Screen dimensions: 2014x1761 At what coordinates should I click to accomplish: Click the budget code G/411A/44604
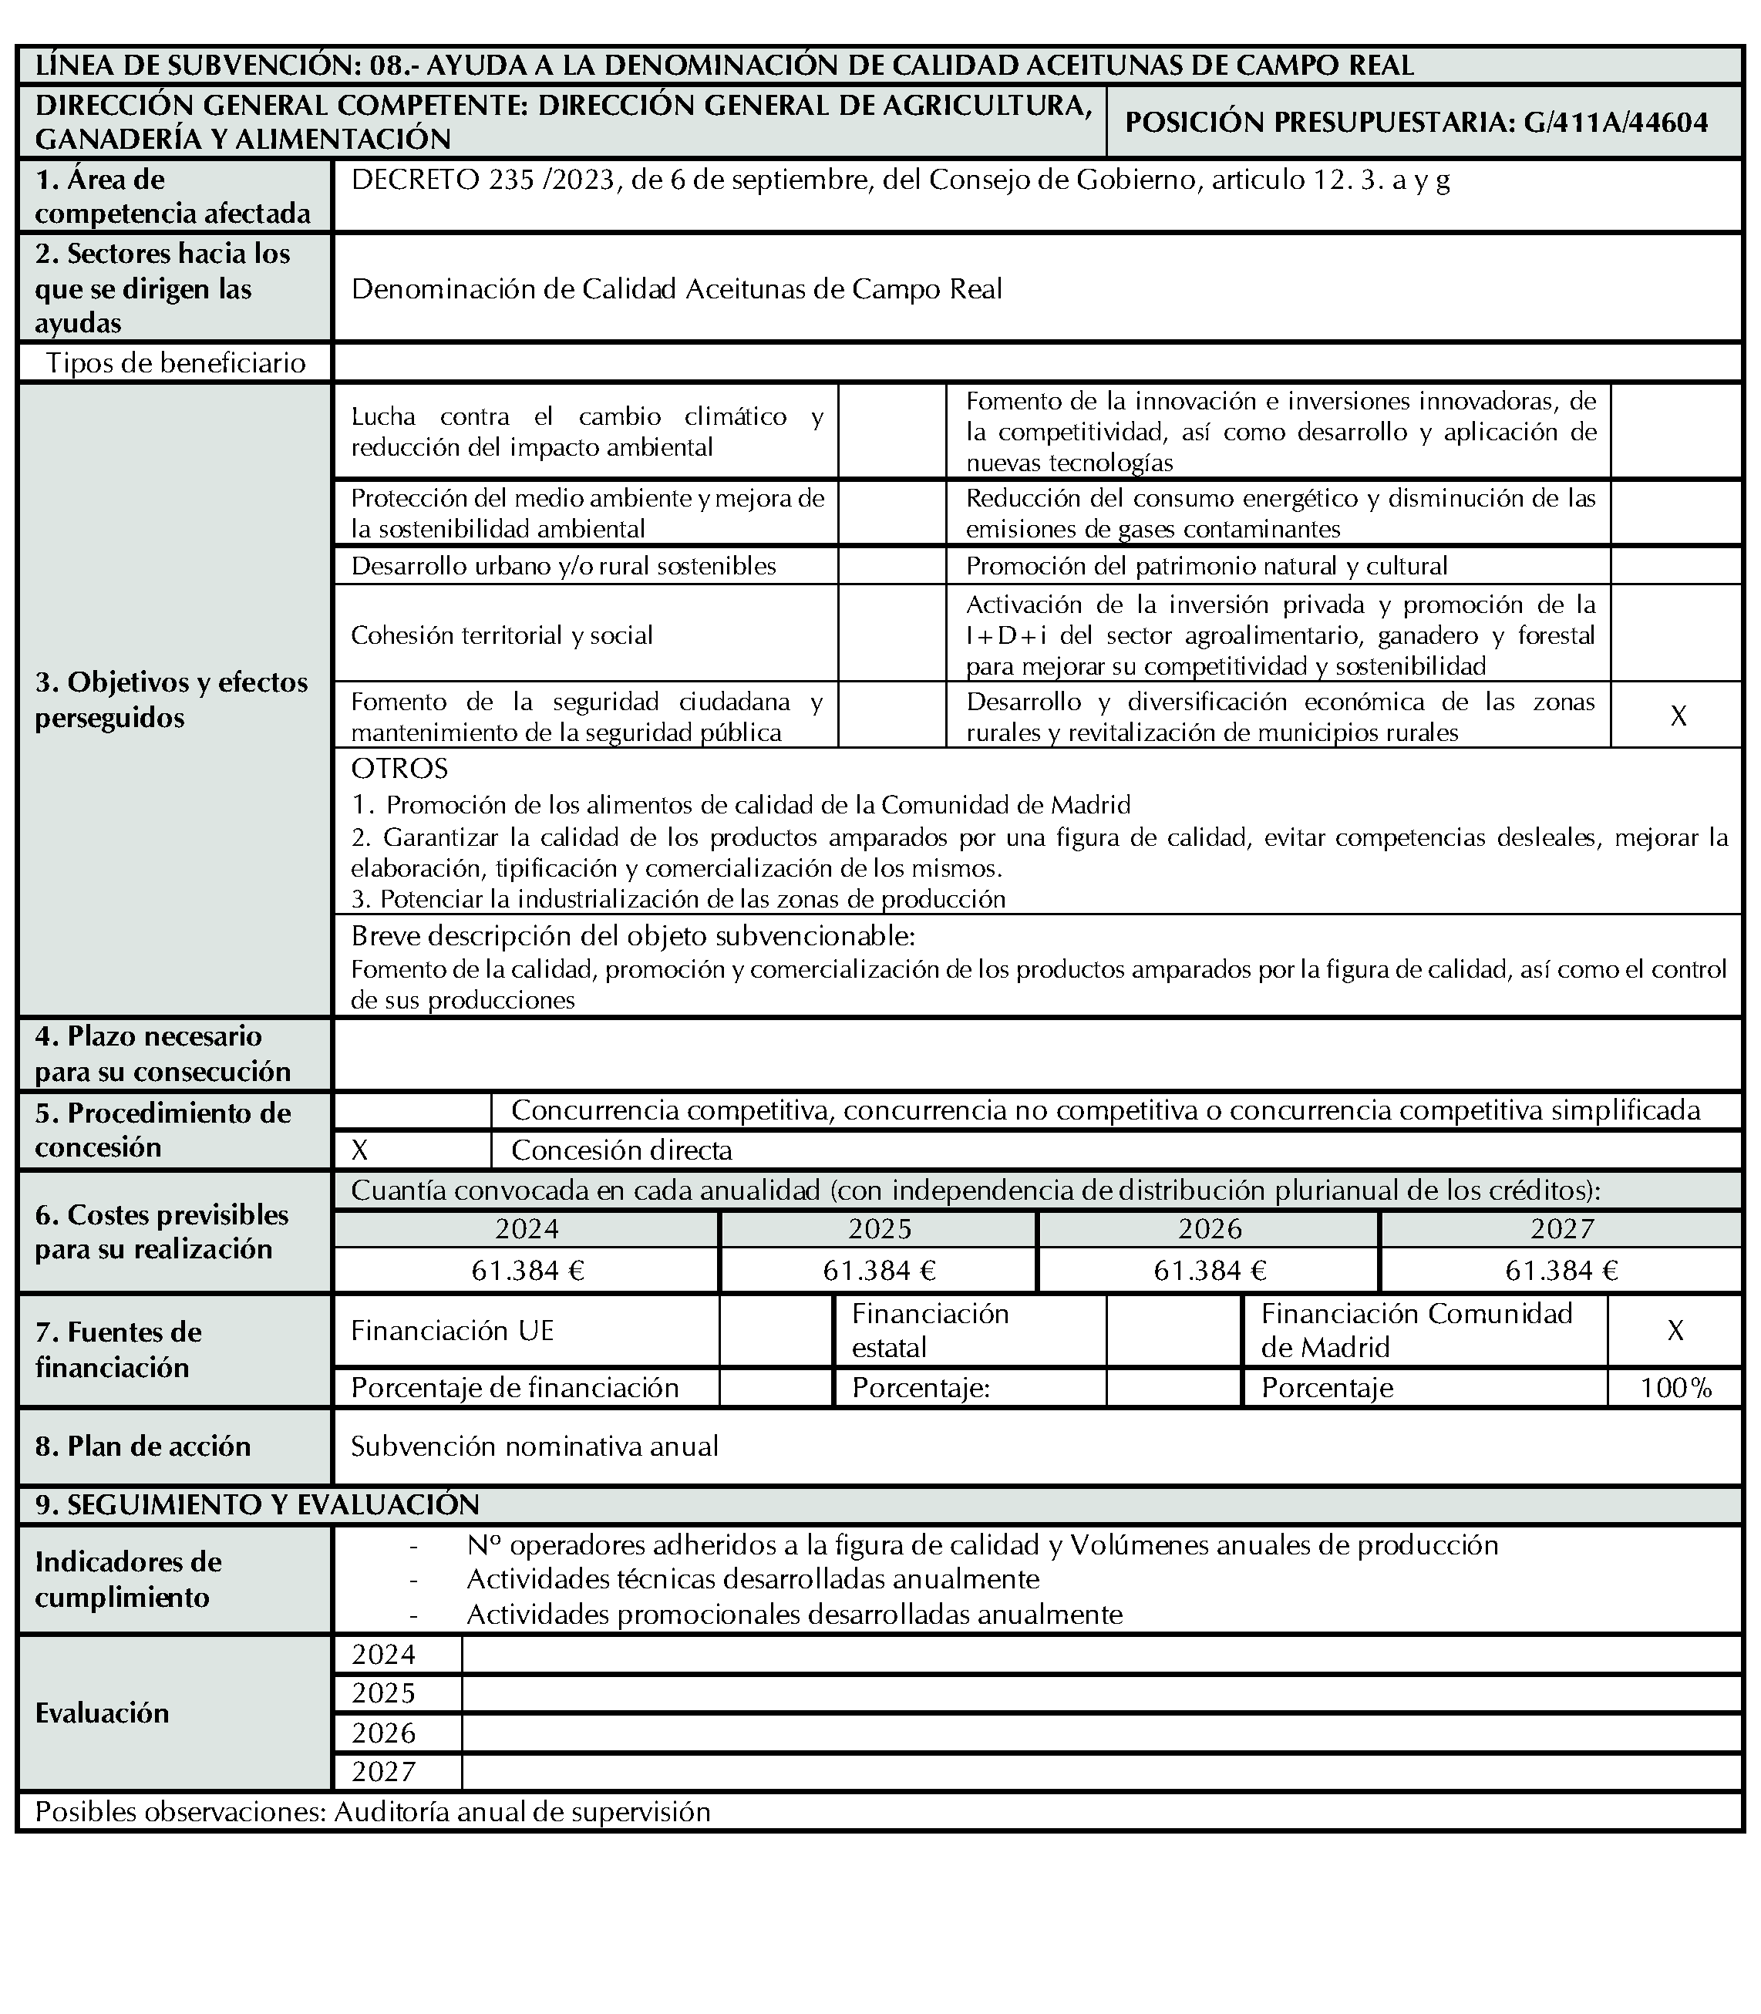pyautogui.click(x=1617, y=122)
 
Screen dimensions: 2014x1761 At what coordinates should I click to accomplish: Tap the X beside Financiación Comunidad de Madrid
pyautogui.click(x=1675, y=1330)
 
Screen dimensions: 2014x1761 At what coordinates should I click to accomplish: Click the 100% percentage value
pyautogui.click(x=1675, y=1388)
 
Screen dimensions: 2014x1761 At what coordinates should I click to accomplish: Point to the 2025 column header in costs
pyautogui.click(x=880, y=1228)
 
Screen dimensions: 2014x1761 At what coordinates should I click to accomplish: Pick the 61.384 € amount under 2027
pyautogui.click(x=1561, y=1271)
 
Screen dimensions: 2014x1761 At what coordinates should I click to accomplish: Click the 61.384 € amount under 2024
pyautogui.click(x=527, y=1271)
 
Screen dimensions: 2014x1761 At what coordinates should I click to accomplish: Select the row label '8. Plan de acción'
pyautogui.click(x=143, y=1446)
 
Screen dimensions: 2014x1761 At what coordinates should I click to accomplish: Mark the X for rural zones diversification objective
pyautogui.click(x=1679, y=716)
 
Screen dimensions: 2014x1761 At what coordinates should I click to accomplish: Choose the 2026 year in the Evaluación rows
pyautogui.click(x=384, y=1732)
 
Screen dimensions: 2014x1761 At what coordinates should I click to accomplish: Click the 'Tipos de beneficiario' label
pyautogui.click(x=176, y=362)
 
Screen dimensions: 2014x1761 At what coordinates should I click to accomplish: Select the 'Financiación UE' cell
pyautogui.click(x=453, y=1330)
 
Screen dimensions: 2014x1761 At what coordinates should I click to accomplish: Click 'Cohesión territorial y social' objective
pyautogui.click(x=502, y=635)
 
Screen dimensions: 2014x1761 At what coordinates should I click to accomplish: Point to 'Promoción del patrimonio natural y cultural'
pyautogui.click(x=1207, y=565)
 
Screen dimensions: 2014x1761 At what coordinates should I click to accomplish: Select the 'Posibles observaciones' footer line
pyautogui.click(x=372, y=1811)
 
